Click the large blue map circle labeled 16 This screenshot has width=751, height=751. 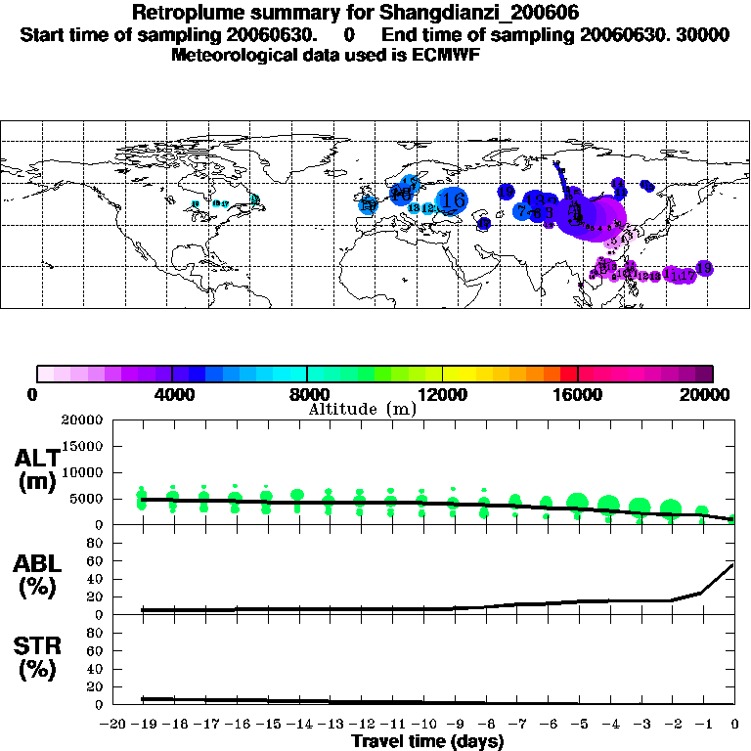click(452, 199)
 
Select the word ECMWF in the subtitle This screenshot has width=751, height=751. click(444, 55)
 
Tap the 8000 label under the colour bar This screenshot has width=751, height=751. click(306, 394)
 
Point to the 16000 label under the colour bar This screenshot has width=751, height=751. click(578, 394)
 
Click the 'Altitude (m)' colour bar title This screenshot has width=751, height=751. click(362, 409)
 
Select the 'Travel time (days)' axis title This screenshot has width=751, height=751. click(427, 741)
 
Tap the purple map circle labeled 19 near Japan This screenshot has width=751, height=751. click(702, 268)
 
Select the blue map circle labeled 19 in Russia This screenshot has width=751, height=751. click(507, 192)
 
